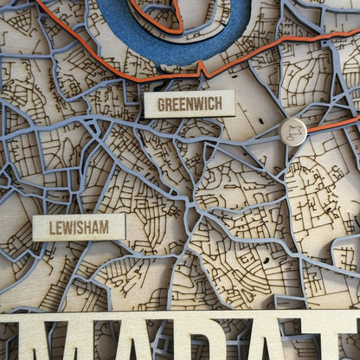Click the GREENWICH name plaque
click(x=189, y=104)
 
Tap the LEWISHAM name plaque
click(x=79, y=228)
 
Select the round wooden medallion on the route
click(x=293, y=132)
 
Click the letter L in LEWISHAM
click(x=53, y=228)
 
